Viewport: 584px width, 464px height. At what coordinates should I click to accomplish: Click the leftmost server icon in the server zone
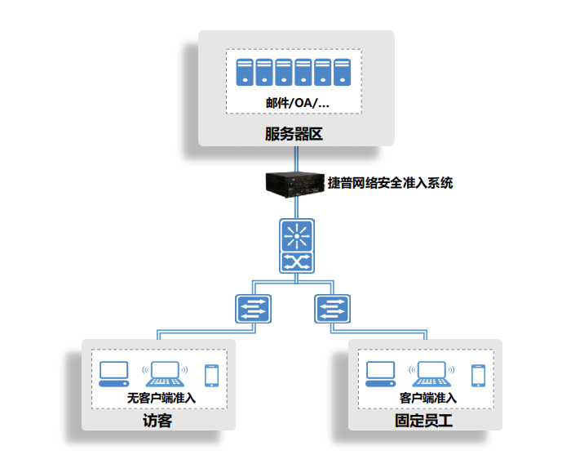[x=245, y=72]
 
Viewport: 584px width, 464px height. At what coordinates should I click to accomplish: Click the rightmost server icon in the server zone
[x=342, y=72]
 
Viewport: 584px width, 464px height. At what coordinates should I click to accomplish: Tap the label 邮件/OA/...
[x=297, y=103]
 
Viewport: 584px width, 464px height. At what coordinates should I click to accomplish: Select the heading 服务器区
[x=294, y=134]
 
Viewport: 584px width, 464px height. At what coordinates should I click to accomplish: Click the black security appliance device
[x=295, y=185]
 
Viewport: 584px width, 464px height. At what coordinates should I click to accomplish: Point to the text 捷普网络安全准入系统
[x=391, y=183]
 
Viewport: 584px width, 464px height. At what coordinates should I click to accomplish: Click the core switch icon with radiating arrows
[x=297, y=236]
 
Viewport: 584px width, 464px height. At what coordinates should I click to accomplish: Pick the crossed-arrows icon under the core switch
[x=297, y=262]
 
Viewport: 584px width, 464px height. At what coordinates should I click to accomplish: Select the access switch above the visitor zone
[x=254, y=309]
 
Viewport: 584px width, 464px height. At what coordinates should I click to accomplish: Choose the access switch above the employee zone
[x=332, y=309]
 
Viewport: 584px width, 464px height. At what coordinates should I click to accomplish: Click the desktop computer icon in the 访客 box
[x=114, y=374]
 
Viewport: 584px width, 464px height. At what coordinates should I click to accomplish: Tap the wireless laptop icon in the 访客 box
[x=165, y=374]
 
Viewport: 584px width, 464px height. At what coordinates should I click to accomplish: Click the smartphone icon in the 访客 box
[x=212, y=376]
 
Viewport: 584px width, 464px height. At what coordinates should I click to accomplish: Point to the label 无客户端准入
[x=161, y=398]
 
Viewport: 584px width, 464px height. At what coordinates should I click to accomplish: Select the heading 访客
[x=157, y=421]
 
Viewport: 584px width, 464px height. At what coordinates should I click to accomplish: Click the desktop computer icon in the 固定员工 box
[x=380, y=374]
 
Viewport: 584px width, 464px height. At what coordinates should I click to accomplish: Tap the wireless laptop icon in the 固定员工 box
[x=431, y=374]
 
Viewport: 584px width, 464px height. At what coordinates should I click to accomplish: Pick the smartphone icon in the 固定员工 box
[x=479, y=376]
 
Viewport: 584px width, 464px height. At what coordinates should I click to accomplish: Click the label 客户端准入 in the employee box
[x=428, y=398]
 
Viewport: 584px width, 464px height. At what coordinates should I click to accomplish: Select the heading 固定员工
[x=424, y=421]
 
